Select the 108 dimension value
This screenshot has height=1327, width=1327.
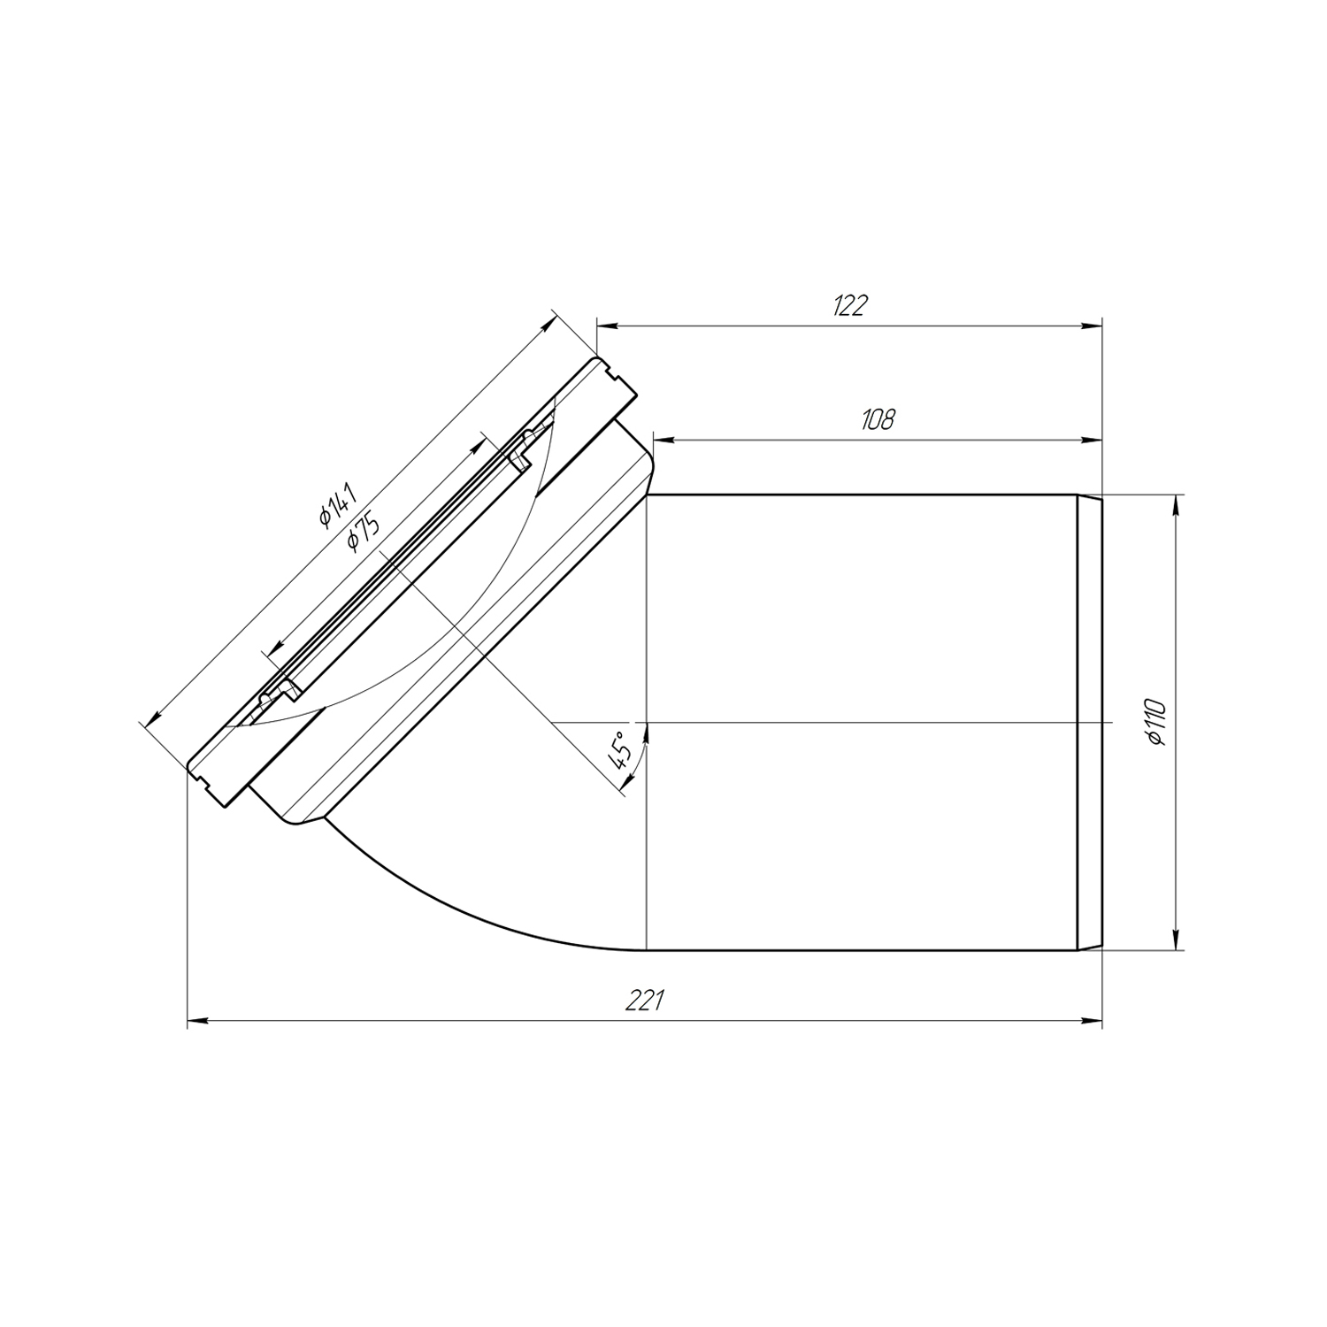coord(878,418)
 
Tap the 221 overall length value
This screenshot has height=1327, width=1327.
coord(645,1001)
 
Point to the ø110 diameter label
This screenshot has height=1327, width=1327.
coord(1156,723)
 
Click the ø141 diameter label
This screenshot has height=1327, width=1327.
coord(337,504)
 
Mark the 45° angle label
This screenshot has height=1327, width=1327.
coord(619,748)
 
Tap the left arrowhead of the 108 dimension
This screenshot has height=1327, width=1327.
coord(663,439)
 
